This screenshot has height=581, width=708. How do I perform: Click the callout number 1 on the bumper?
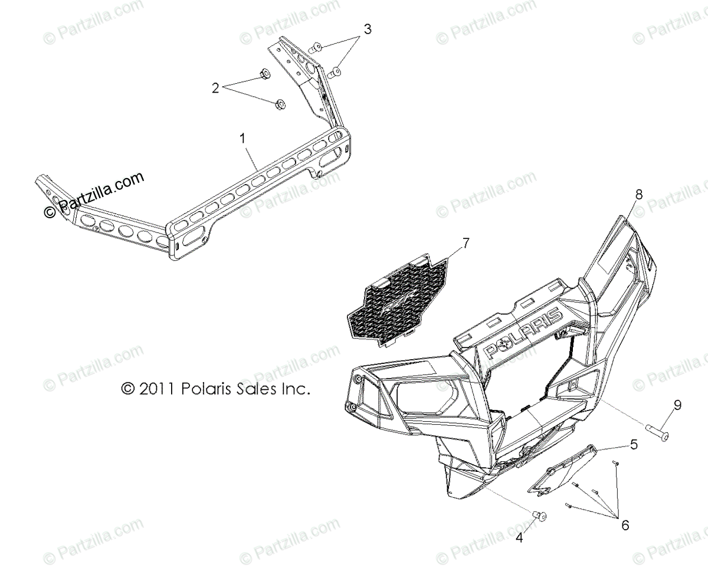click(242, 140)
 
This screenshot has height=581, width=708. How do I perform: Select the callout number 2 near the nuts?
click(216, 88)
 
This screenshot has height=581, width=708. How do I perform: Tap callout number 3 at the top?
click(367, 29)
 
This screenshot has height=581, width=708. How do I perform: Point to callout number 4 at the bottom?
click(519, 537)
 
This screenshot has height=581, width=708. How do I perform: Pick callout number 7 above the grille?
click(466, 242)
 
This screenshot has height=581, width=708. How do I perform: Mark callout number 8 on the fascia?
click(639, 193)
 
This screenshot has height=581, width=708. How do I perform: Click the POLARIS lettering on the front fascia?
click(522, 334)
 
